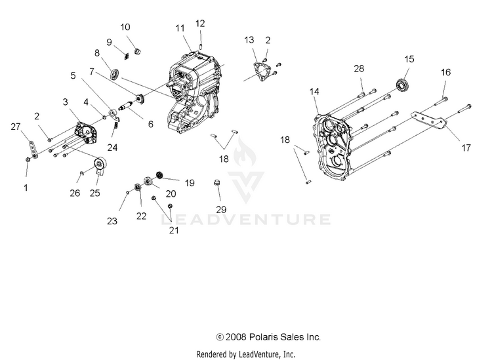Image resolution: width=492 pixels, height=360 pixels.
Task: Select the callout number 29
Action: point(221,209)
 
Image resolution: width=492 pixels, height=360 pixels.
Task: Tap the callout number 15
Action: point(409,59)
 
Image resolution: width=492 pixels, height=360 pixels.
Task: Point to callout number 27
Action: point(16,127)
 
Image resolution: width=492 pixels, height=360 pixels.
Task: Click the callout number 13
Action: point(249,40)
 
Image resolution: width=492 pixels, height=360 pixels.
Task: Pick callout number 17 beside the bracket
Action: point(466,148)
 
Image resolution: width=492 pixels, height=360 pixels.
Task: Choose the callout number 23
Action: point(112,222)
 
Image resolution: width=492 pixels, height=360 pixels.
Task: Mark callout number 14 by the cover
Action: point(314,91)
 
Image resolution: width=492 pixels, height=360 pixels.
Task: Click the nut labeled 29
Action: point(217,183)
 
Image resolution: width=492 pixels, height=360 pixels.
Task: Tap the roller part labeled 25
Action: point(100,166)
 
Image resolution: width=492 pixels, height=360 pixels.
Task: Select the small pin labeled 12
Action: point(199,44)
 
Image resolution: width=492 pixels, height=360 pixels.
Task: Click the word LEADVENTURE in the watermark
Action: point(245,218)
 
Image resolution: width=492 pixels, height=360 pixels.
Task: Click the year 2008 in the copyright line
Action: point(239,337)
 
